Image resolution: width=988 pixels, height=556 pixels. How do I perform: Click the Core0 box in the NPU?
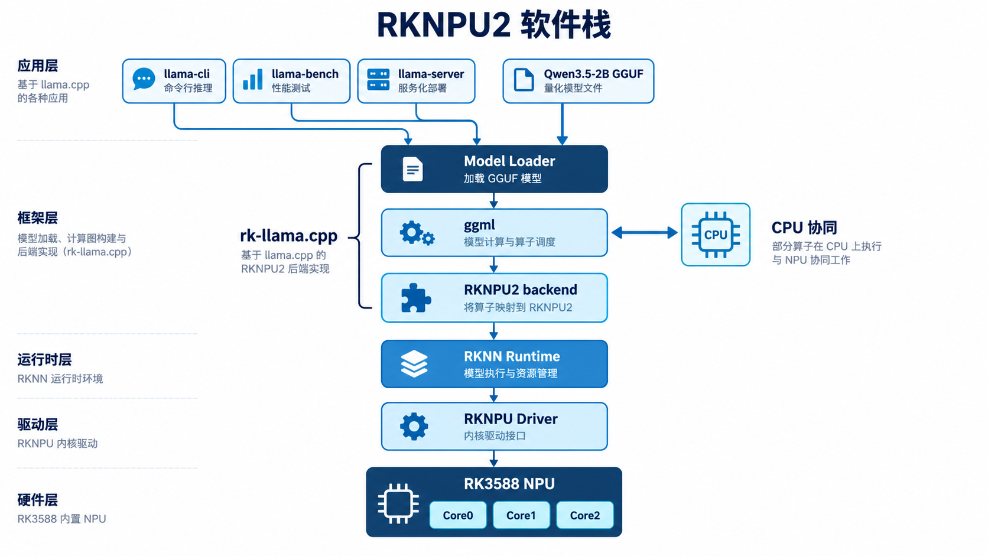pyautogui.click(x=458, y=515)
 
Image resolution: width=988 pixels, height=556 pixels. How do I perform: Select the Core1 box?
pyautogui.click(x=521, y=515)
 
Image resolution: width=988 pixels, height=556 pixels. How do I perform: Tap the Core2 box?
pyautogui.click(x=585, y=515)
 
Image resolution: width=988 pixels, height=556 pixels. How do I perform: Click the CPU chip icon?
pyautogui.click(x=716, y=235)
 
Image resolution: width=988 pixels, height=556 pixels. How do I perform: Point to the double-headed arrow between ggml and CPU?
pyautogui.click(x=645, y=232)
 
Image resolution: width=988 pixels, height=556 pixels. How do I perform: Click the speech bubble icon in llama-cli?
pyautogui.click(x=144, y=79)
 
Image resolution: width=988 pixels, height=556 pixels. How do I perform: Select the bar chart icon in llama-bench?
pyautogui.click(x=253, y=79)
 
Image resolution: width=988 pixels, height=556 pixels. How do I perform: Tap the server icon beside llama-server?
pyautogui.click(x=378, y=79)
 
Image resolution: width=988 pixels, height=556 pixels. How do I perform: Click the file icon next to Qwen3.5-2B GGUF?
pyautogui.click(x=524, y=80)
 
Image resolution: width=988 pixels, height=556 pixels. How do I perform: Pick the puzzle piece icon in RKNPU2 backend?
pyautogui.click(x=415, y=298)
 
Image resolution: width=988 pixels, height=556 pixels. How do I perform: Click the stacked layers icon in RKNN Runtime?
pyautogui.click(x=414, y=364)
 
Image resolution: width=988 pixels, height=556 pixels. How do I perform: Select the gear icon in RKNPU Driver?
pyautogui.click(x=414, y=427)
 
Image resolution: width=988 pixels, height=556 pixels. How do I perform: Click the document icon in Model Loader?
pyautogui.click(x=413, y=169)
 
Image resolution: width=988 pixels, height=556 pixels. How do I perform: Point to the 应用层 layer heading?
pyautogui.click(x=37, y=66)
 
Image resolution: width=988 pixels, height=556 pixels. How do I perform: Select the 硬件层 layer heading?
pyautogui.click(x=37, y=500)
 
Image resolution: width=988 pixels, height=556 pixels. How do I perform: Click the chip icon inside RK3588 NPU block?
pyautogui.click(x=398, y=503)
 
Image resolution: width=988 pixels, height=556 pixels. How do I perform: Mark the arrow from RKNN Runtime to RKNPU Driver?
pyautogui.click(x=494, y=395)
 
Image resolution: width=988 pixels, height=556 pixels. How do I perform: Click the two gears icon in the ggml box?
pyautogui.click(x=417, y=233)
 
